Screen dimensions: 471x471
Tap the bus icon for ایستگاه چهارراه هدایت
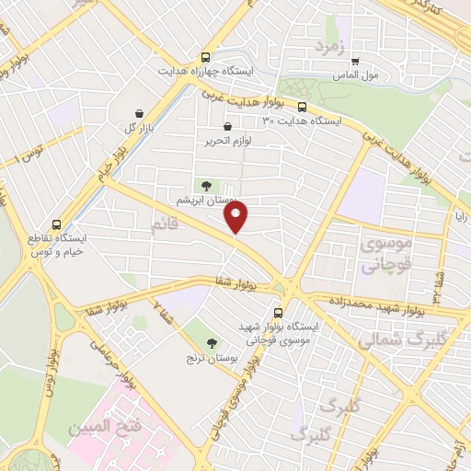[x=204, y=55]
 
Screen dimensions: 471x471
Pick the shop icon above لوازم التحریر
[x=227, y=127]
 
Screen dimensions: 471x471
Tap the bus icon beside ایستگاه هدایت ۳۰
[x=328, y=104]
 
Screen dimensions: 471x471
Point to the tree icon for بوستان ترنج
[x=213, y=342]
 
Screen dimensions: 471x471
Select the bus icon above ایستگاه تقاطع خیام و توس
[x=57, y=224]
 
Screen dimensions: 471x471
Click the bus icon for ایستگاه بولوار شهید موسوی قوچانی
[x=280, y=312]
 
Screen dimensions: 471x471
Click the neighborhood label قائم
[x=164, y=223]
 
